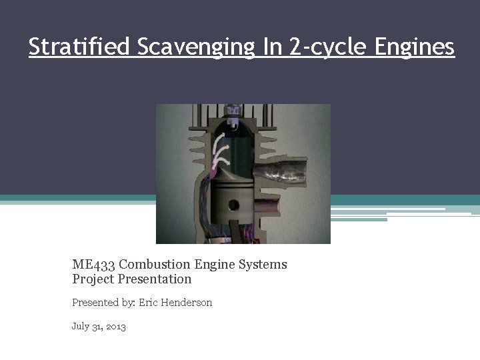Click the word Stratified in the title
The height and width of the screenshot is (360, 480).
coord(79,47)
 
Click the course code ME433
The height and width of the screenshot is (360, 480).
coord(93,265)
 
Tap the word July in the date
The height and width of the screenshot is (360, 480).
coord(80,327)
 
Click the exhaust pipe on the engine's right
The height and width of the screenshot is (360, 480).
coord(285,171)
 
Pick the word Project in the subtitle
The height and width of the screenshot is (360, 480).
coord(94,279)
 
